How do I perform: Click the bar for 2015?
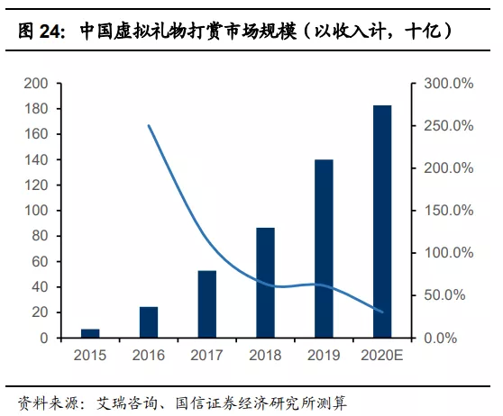tap(90, 333)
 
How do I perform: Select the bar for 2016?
tap(149, 322)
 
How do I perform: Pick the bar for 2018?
tap(265, 283)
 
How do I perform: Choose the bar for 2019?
tap(324, 249)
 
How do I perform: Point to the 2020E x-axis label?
tap(382, 355)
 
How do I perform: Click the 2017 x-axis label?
tap(207, 355)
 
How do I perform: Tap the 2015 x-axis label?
tap(90, 355)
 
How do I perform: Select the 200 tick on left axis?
tap(36, 84)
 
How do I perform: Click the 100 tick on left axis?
tap(36, 211)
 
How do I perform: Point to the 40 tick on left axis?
tap(40, 287)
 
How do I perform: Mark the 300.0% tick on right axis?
tap(449, 84)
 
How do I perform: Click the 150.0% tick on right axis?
tap(449, 211)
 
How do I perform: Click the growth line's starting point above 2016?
tap(149, 126)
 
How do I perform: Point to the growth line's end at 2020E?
tap(382, 312)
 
